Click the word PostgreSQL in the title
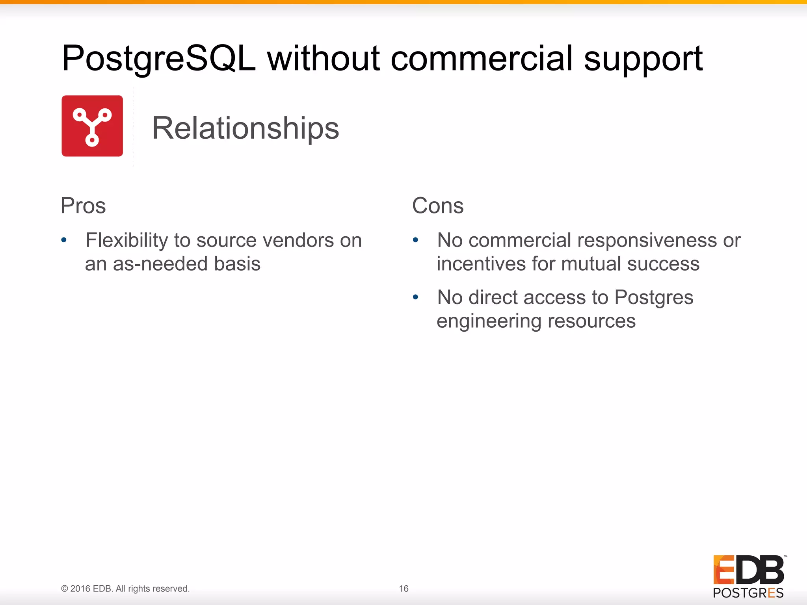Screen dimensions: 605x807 (158, 59)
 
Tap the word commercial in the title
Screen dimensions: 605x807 (481, 59)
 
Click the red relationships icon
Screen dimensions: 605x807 (92, 126)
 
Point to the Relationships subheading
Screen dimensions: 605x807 (245, 128)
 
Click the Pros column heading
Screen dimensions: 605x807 (83, 206)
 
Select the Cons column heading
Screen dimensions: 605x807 (438, 206)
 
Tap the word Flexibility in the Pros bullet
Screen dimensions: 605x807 (127, 241)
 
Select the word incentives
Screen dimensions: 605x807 (481, 264)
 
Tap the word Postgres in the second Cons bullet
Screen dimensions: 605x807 (654, 298)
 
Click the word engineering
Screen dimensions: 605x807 (489, 321)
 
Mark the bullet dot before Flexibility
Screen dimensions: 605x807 (64, 240)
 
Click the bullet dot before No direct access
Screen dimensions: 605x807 (415, 297)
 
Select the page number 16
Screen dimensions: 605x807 (403, 588)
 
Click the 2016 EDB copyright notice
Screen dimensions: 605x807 (125, 588)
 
